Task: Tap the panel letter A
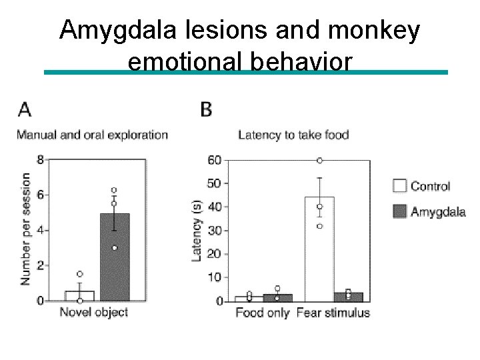(24, 109)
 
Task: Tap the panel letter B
(206, 109)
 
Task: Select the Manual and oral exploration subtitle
(92, 135)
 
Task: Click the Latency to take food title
(293, 135)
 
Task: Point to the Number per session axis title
(25, 229)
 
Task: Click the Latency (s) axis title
(197, 230)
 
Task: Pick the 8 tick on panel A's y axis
(41, 160)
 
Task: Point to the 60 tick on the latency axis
(214, 161)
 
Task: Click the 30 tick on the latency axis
(214, 231)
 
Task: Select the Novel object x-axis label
(93, 312)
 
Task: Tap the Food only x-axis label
(263, 313)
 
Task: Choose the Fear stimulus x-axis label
(333, 313)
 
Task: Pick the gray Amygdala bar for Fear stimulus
(348, 297)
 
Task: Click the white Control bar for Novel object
(80, 296)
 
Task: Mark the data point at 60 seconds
(319, 161)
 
